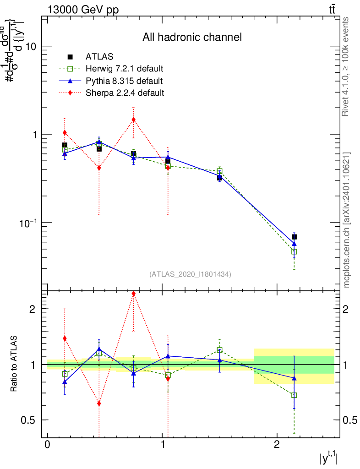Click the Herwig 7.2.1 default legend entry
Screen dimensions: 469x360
[x=124, y=69]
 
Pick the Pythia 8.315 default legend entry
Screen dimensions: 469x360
[x=124, y=81]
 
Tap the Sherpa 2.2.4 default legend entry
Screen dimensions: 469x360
[x=125, y=93]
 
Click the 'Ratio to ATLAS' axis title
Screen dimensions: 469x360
[x=14, y=364]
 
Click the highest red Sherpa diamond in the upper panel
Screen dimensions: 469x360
[x=133, y=120]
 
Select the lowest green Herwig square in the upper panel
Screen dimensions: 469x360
[x=294, y=251]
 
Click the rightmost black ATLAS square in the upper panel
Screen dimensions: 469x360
[x=294, y=237]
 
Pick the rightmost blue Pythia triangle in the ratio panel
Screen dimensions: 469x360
[x=294, y=378]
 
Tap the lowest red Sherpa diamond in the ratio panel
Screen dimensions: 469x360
[x=99, y=404]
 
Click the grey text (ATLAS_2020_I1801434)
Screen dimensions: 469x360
[x=190, y=274]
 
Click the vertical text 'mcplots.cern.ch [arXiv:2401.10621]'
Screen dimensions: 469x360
[x=347, y=220]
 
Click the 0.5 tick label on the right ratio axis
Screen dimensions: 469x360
[x=349, y=420]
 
